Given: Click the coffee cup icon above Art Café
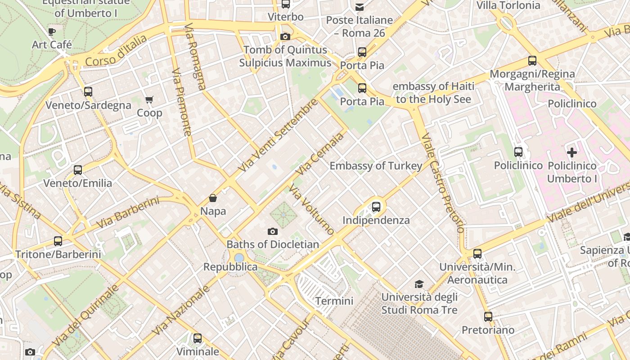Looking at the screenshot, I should point(52,31).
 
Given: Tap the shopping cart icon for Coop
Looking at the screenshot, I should point(149,99).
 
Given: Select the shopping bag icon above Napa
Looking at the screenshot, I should point(213,198).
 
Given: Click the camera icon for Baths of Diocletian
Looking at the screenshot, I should point(272,231).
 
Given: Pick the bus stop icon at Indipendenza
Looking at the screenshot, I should point(376,207).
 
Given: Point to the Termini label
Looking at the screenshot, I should point(334,301).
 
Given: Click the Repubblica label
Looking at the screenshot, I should point(230,267).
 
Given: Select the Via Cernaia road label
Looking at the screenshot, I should point(320,154).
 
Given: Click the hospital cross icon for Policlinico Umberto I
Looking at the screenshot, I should point(571,153).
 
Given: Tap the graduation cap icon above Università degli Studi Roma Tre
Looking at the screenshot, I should point(419,284).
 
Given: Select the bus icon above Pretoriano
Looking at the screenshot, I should point(488,317).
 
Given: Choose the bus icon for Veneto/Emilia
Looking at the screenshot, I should point(78,170).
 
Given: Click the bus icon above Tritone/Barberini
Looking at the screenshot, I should point(58,241).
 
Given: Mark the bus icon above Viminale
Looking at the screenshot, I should point(198,338).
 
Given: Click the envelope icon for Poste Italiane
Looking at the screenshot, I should point(360,7).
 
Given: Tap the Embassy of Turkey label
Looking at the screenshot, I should point(376,166).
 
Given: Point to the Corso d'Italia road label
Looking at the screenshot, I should point(116,50).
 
